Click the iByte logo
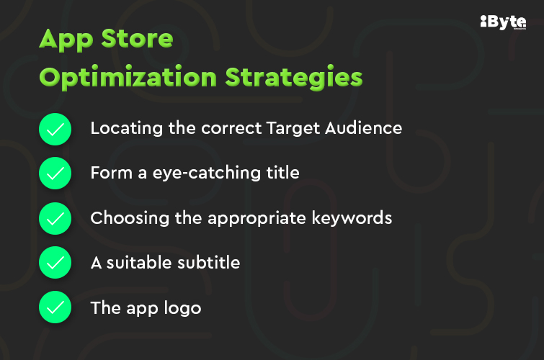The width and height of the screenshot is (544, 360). click(503, 22)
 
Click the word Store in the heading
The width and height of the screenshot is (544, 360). click(138, 39)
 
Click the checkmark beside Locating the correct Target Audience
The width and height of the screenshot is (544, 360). click(55, 130)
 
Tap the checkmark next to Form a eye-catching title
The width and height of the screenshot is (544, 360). click(55, 174)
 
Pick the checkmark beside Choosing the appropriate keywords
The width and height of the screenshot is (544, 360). click(55, 219)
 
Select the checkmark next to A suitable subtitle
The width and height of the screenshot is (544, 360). click(55, 264)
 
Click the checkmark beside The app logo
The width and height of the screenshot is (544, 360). click(55, 308)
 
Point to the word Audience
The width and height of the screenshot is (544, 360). click(365, 128)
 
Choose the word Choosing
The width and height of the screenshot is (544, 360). click(122, 218)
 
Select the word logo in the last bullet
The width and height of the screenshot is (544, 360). click(183, 309)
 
